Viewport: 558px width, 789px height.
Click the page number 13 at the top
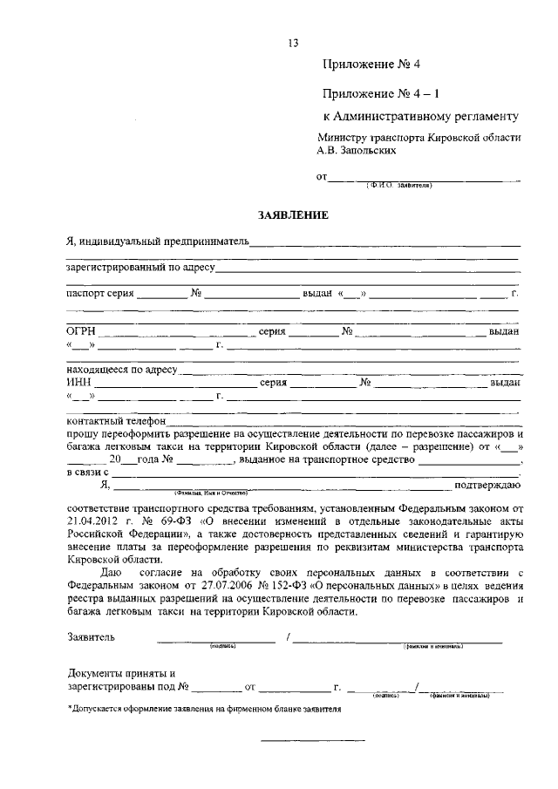point(293,44)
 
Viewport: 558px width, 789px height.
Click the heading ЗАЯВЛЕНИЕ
point(292,214)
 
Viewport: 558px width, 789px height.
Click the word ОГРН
point(81,331)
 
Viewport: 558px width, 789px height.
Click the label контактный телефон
point(116,420)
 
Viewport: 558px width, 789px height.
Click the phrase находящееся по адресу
point(121,370)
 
